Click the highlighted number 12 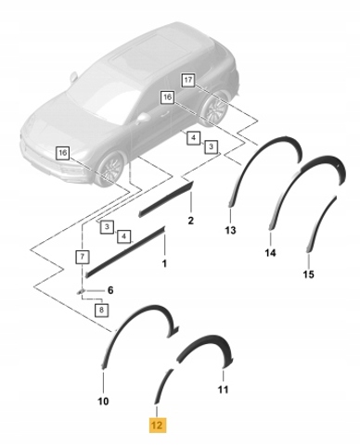click(x=158, y=426)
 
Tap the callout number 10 click(x=103, y=401)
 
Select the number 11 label click(x=223, y=389)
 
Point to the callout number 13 click(x=230, y=230)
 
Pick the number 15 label click(x=309, y=274)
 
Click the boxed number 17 click(x=188, y=81)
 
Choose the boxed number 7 click(x=83, y=257)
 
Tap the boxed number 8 click(x=102, y=310)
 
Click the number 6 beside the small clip click(x=110, y=290)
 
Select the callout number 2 click(x=191, y=221)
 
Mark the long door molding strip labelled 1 click(x=125, y=252)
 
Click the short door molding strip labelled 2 click(x=166, y=199)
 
